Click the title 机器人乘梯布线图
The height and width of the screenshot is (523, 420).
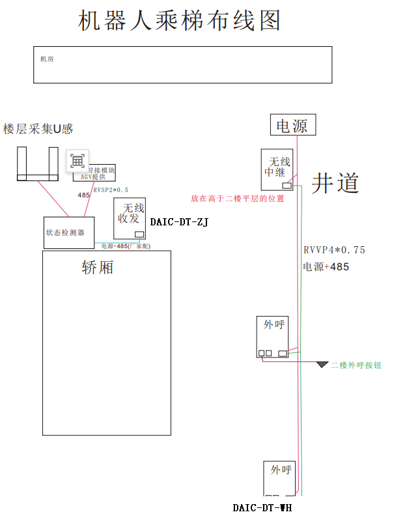coord(179,21)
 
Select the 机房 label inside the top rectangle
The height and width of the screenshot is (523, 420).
coord(47,59)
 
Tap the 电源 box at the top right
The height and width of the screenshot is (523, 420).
coord(292,125)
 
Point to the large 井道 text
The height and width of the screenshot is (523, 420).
coord(335,183)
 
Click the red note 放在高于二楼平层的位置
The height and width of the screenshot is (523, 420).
coord(238,199)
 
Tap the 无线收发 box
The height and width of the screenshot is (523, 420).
coord(130,218)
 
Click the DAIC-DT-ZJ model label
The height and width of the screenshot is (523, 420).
coord(179,222)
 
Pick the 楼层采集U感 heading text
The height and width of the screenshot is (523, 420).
coord(38,129)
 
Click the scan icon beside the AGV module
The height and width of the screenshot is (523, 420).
coord(77,160)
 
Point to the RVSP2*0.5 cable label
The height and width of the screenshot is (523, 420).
coord(111,190)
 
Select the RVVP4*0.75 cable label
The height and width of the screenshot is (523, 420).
coord(335,250)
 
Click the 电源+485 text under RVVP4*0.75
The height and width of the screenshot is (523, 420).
coord(326,266)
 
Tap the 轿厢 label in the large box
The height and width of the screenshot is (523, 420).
coord(98,267)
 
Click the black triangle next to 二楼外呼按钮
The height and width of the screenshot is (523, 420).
coord(322,365)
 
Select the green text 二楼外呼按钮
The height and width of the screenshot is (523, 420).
coord(356,365)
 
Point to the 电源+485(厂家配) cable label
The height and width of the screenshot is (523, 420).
coord(126,246)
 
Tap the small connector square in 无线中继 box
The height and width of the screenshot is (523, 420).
coord(287,186)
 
